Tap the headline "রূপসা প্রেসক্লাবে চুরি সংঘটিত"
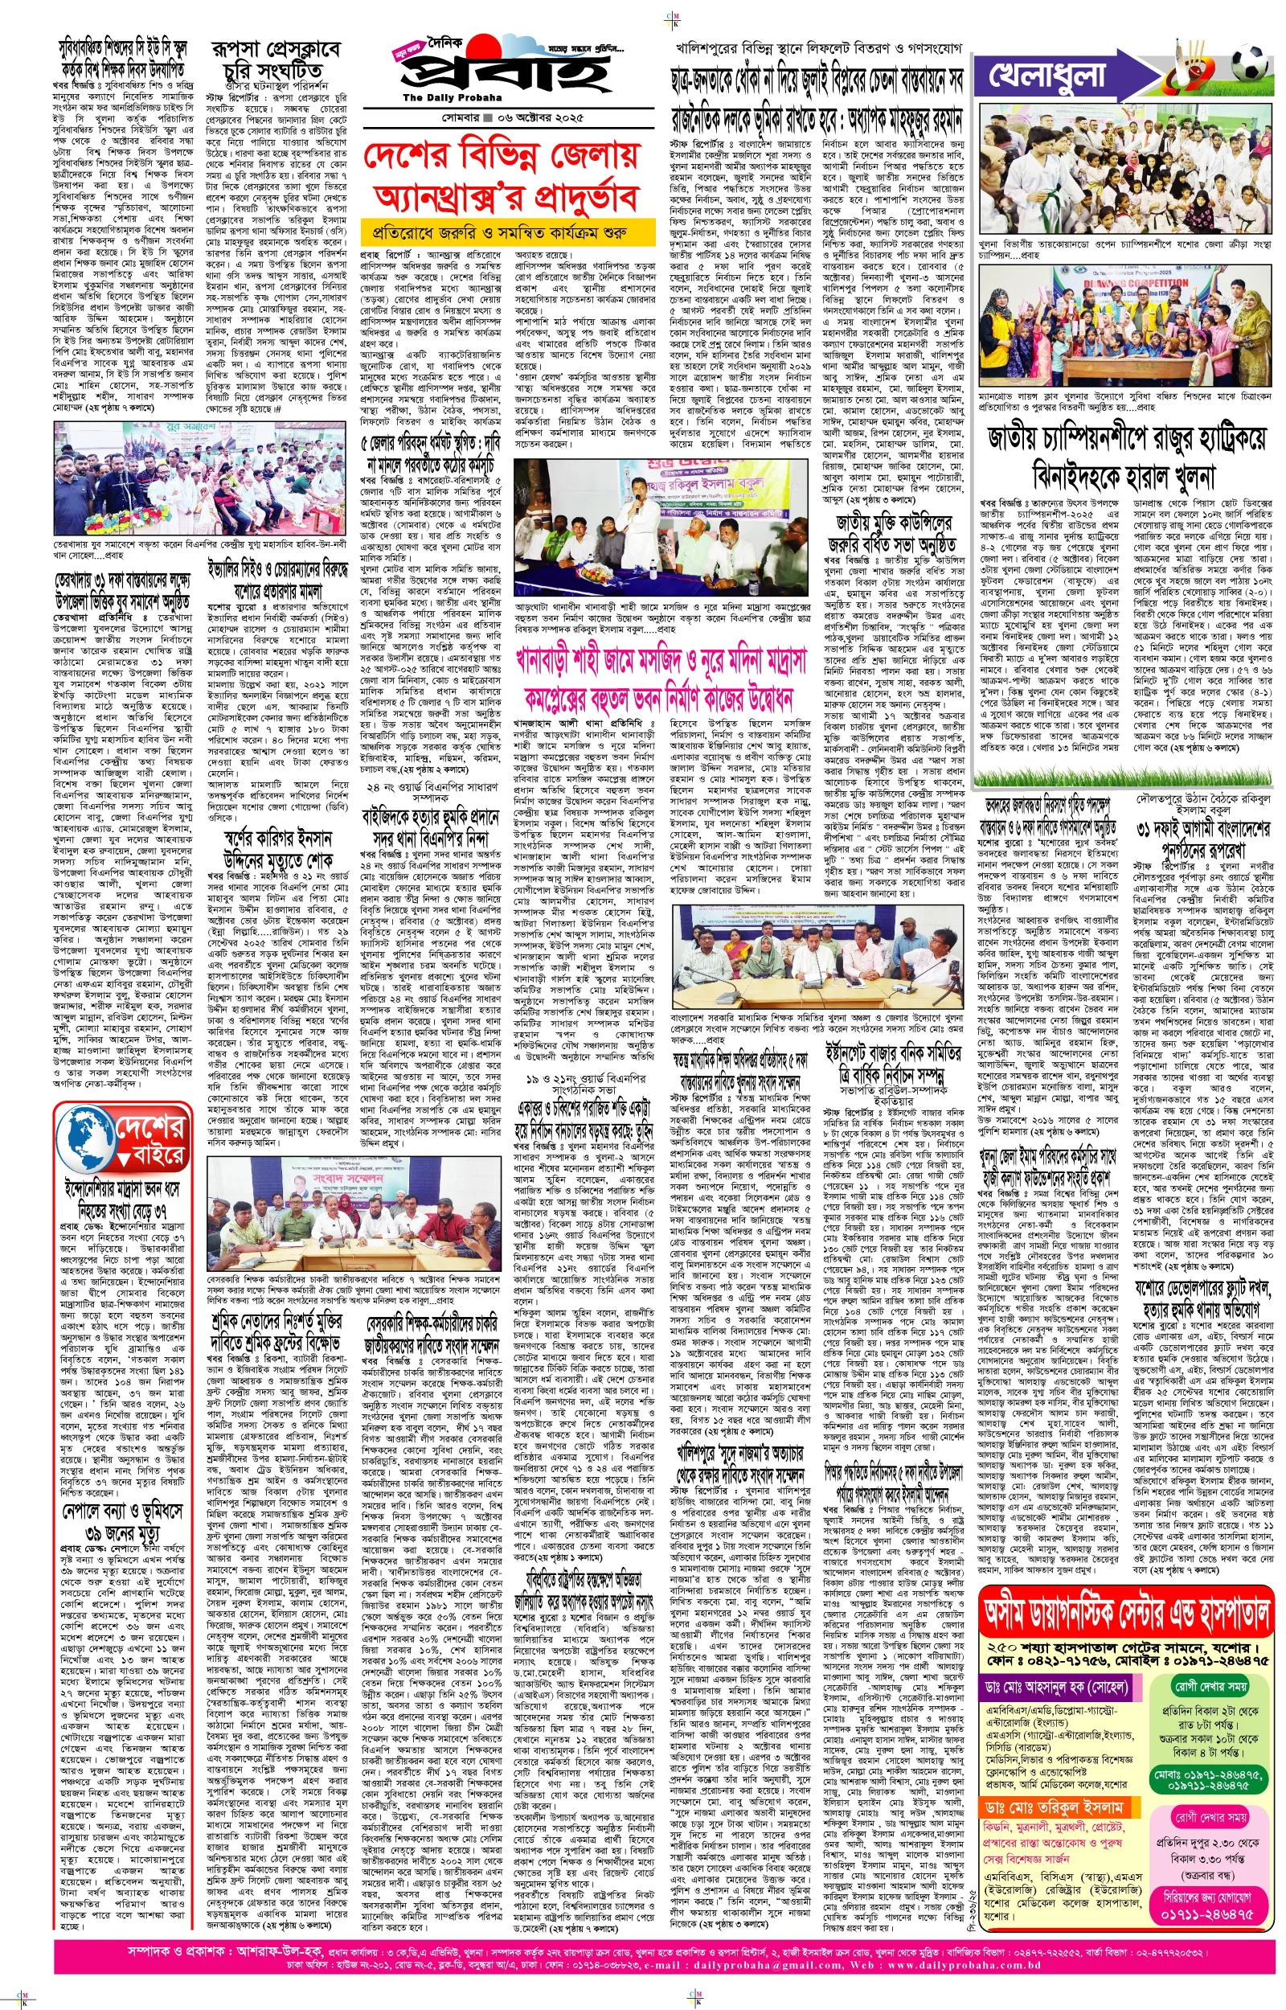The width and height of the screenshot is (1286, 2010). point(275,61)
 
